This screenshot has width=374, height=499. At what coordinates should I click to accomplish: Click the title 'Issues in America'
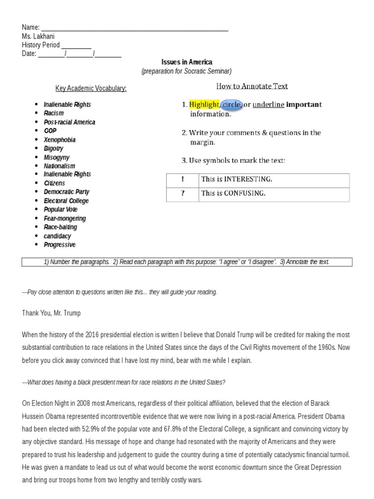pos(187,62)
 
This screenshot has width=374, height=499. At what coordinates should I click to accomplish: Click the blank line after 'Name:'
pos(134,28)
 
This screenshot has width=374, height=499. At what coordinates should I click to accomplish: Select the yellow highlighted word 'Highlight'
pos(204,104)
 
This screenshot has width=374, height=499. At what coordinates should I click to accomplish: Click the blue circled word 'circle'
pos(232,104)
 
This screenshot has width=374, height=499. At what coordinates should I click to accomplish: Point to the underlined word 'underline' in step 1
pos(268,104)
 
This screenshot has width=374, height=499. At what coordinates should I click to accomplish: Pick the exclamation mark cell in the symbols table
pos(183,179)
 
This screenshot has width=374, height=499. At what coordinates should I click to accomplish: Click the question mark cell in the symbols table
pos(183,193)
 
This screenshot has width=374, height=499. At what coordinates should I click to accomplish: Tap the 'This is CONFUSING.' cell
pos(233,193)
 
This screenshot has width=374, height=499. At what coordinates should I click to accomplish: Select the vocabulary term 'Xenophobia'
pos(59,140)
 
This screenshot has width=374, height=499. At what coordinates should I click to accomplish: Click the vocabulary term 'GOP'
pos(50,131)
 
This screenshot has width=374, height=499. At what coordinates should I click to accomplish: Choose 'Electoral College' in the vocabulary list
pos(66,201)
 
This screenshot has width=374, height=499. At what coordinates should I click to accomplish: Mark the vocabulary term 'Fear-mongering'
pos(65,218)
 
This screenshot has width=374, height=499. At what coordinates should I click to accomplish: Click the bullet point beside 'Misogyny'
pos(37,157)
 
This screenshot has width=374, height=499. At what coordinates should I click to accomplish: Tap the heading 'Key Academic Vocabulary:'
pos(91,88)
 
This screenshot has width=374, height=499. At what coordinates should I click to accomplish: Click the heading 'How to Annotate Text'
pos(252,86)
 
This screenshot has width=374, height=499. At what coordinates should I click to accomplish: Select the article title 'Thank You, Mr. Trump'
pos(51,313)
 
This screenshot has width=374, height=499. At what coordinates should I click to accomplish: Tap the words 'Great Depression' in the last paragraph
pos(317,467)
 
